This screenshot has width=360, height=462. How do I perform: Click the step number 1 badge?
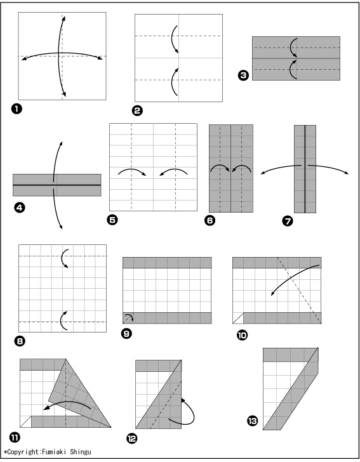(17, 109)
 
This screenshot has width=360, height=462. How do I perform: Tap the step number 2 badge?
(137, 111)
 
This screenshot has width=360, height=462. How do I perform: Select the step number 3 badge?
(243, 76)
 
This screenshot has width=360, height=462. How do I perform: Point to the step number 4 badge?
(20, 208)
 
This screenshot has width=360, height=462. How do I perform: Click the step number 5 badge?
(112, 220)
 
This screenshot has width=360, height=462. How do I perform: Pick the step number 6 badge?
(210, 220)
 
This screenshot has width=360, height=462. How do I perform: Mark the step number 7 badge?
(288, 221)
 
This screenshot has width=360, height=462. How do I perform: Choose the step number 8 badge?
(20, 341)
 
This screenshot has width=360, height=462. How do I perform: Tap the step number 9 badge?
(126, 334)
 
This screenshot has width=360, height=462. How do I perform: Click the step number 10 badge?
(243, 335)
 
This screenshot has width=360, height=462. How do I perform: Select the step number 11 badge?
(15, 437)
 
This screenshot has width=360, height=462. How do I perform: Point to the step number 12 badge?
(132, 439)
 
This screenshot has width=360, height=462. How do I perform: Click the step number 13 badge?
(253, 421)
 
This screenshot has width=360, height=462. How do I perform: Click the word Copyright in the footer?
(23, 452)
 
